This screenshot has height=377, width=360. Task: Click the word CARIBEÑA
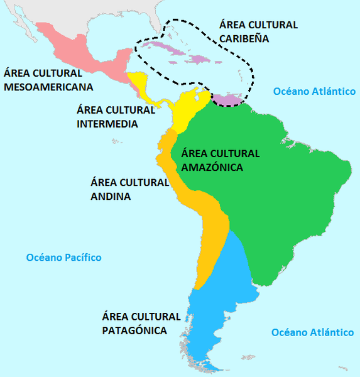pos(244,38)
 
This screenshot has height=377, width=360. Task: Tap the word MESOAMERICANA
pos(48,86)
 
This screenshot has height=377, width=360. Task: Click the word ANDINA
pos(111,196)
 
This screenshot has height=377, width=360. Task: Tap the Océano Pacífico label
pos(63,258)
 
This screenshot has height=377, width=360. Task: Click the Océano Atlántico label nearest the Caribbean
pos(315,92)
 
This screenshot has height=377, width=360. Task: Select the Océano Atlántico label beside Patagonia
pos(311,332)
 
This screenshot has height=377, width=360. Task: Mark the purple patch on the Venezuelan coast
pos(227,97)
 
